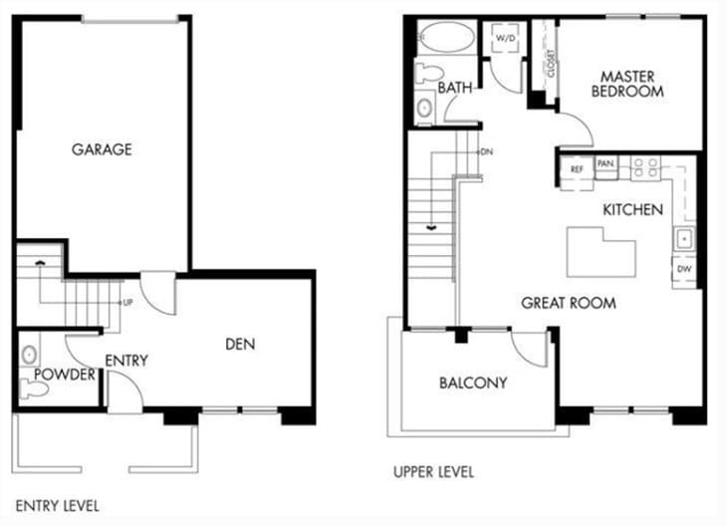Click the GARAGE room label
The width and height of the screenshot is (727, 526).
(x=102, y=149)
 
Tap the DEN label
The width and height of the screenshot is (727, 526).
(x=240, y=345)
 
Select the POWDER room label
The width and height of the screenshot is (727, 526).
(x=64, y=375)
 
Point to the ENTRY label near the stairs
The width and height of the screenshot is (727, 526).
(x=125, y=360)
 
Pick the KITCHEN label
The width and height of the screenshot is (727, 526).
(x=632, y=210)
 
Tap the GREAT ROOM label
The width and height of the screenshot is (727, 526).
(x=568, y=303)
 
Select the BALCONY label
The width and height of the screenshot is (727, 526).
(x=473, y=383)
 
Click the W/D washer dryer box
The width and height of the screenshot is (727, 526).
(x=505, y=41)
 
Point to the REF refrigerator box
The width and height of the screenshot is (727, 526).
(x=577, y=169)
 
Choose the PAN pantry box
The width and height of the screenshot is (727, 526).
(x=606, y=163)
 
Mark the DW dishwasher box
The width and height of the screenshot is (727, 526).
(x=684, y=269)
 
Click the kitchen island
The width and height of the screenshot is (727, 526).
(x=601, y=251)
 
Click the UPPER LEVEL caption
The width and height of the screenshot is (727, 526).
(x=433, y=471)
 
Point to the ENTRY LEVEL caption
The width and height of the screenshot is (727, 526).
(x=58, y=506)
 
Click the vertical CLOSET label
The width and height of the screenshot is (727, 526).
(x=550, y=65)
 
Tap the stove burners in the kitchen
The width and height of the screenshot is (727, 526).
(x=646, y=166)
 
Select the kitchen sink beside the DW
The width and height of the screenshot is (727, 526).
(x=684, y=239)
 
